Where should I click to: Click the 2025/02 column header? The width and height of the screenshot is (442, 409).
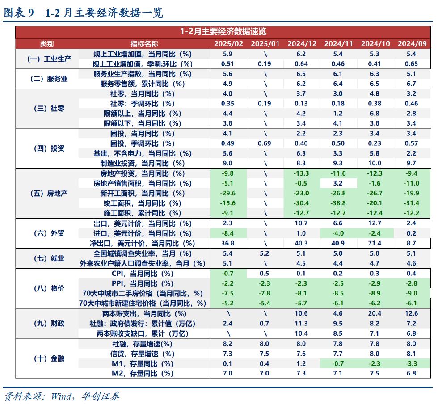coord(228,43)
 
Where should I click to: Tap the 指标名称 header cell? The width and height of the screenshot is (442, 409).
coord(144,43)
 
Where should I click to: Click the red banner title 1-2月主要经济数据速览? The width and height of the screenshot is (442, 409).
coord(223,31)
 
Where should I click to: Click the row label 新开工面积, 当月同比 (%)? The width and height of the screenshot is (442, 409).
coord(142,193)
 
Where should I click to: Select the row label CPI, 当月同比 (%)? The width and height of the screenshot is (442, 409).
coord(142,273)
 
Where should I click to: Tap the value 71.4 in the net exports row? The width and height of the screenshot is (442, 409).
coord(375,243)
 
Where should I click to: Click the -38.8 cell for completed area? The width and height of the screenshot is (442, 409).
coord(338,203)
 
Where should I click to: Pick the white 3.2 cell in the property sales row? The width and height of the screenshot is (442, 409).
coord(338,183)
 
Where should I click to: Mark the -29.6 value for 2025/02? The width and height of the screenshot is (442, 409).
coord(228,193)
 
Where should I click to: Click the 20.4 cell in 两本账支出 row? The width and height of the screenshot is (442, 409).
coord(375,313)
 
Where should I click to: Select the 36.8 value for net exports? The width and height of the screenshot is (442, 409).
coord(228,243)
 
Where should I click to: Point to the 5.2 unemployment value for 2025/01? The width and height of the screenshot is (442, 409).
coord(265,253)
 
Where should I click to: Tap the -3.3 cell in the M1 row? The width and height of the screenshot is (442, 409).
coord(411,363)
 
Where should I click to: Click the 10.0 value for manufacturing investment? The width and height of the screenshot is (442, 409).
coord(375,163)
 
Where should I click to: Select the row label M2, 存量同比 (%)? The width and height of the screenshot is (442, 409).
coord(142,373)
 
